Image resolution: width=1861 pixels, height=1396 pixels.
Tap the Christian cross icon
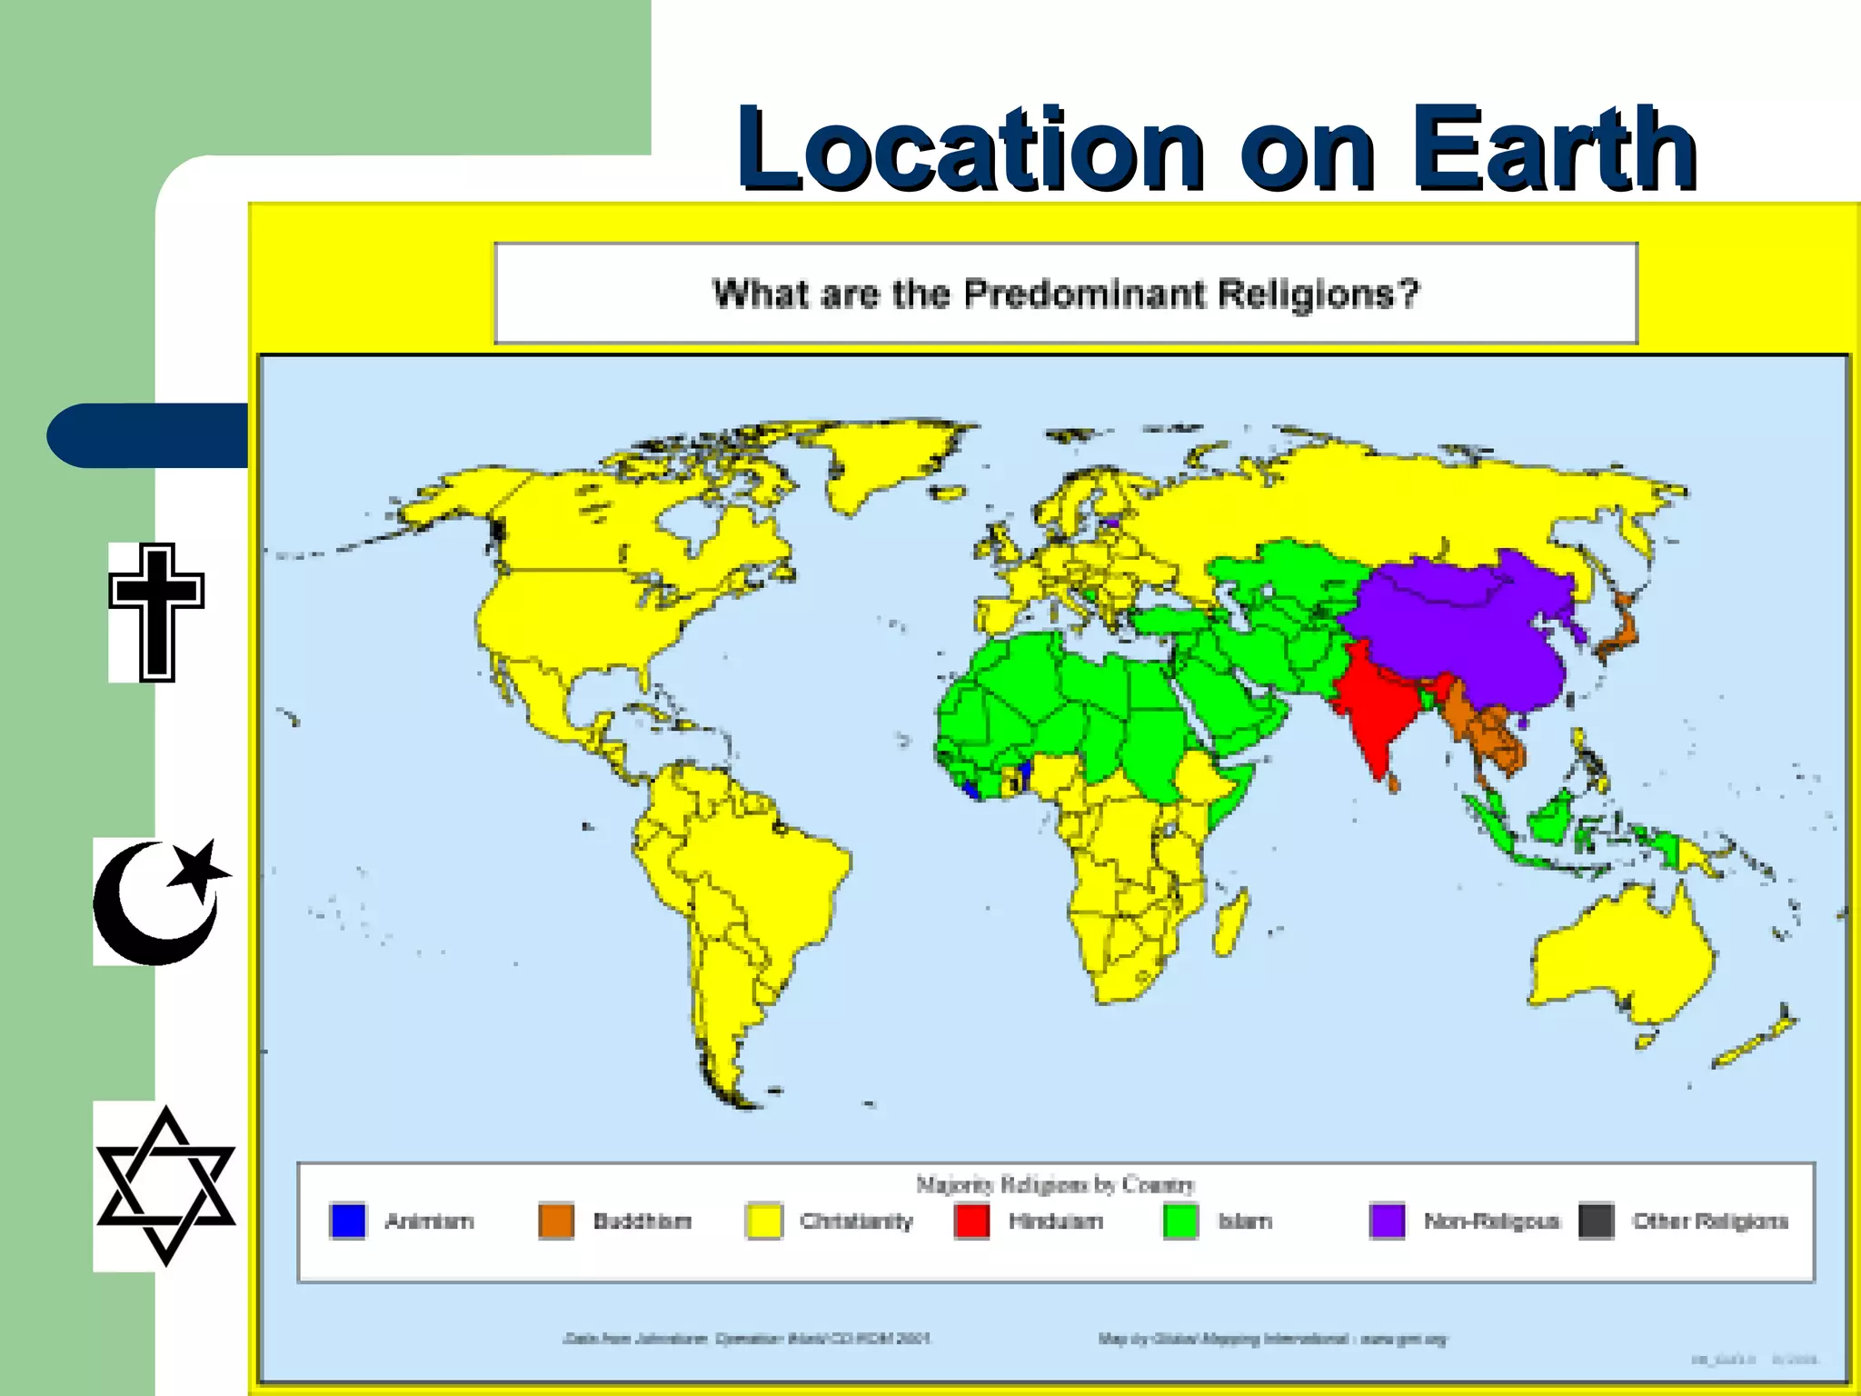pos(156,612)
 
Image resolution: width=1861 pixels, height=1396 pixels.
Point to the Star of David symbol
pos(165,1185)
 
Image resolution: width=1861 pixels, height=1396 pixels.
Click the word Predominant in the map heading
pos(1081,294)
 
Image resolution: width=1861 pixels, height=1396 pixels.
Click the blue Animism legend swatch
pos(348,1221)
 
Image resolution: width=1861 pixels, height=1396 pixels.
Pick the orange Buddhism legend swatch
pos(556,1221)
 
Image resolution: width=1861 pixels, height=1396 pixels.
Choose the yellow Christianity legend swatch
pos(763,1221)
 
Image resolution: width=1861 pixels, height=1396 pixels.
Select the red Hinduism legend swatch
pos(971,1221)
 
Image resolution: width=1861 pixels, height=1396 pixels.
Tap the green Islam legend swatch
pos(1180,1221)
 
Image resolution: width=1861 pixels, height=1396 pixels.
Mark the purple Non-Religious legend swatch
pos(1388,1221)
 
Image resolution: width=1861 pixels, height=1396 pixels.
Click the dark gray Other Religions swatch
pos(1596,1221)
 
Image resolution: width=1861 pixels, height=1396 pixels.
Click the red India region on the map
pos(1377,709)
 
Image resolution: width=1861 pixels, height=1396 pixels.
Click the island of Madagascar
pos(1230,922)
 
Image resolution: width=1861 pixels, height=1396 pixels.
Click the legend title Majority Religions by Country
pos(1055,1184)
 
